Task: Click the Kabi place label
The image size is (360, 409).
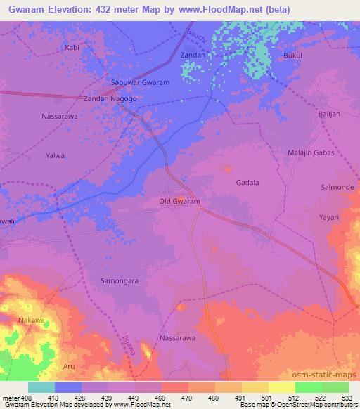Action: coord(72,48)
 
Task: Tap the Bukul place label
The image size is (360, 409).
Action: coord(293,54)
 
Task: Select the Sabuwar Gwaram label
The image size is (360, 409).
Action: coord(141,82)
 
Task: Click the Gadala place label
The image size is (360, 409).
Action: coord(247,183)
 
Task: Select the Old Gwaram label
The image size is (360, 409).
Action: coord(180,202)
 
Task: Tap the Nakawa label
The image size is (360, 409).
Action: coord(31,320)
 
